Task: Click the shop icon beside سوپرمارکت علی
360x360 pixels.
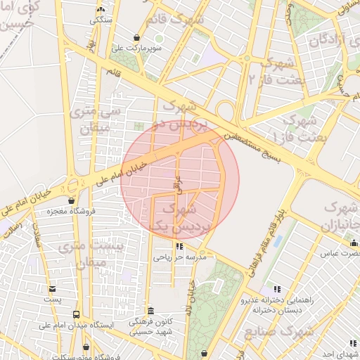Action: (x=136, y=37)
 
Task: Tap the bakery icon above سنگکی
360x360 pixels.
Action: (x=101, y=10)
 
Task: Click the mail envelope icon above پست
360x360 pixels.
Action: (x=52, y=289)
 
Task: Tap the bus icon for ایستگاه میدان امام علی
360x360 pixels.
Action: (x=76, y=315)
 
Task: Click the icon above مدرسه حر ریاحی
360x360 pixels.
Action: (x=179, y=247)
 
